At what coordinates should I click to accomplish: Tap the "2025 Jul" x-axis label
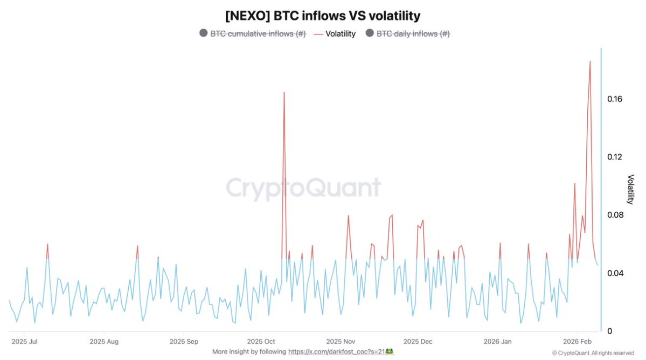coord(25,341)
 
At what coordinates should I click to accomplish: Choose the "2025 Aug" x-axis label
coord(104,341)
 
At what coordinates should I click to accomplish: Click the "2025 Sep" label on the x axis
coord(184,341)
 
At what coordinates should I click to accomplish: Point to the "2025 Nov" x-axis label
coord(341,341)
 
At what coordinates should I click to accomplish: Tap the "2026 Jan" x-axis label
coord(497,341)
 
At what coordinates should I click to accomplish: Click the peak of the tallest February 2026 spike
coord(590,61)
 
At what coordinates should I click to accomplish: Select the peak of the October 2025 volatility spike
coord(284,93)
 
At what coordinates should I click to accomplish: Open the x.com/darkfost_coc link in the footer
coord(337,351)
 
